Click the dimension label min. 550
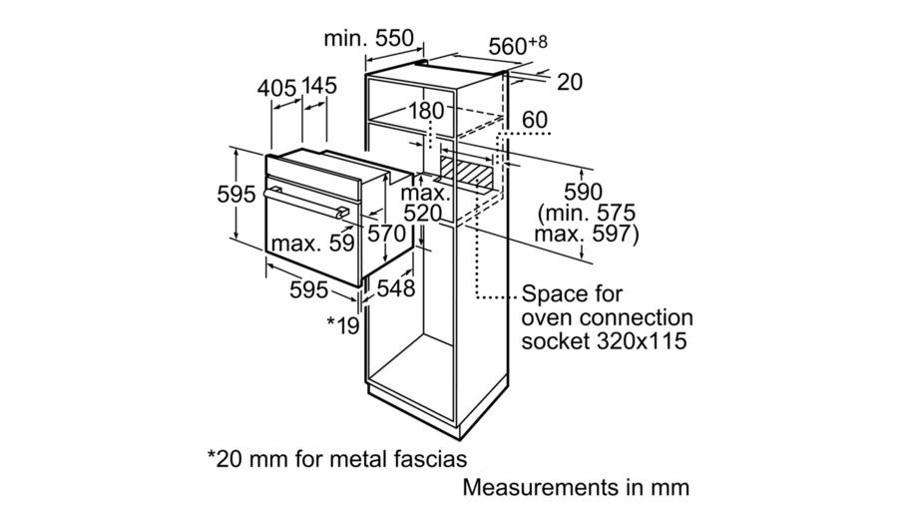tap(368, 39)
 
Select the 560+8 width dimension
tap(519, 45)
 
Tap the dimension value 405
tap(277, 87)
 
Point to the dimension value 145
tap(318, 87)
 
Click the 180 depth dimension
tap(425, 111)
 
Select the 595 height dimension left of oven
tap(236, 195)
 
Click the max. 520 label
tap(422, 202)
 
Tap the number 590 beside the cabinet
tap(585, 191)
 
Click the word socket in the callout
tap(553, 340)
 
